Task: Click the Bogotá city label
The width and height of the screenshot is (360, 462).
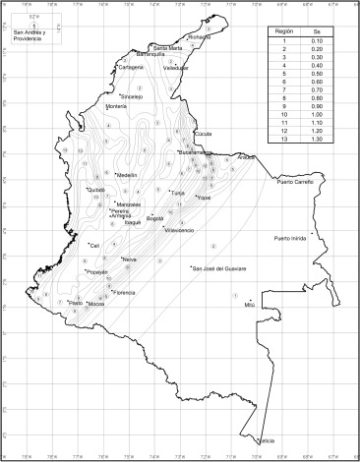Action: click(154, 218)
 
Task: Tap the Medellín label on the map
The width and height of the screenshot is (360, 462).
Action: click(127, 175)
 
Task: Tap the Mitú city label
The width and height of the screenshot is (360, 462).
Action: click(249, 305)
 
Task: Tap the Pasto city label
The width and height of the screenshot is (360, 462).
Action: click(75, 304)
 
